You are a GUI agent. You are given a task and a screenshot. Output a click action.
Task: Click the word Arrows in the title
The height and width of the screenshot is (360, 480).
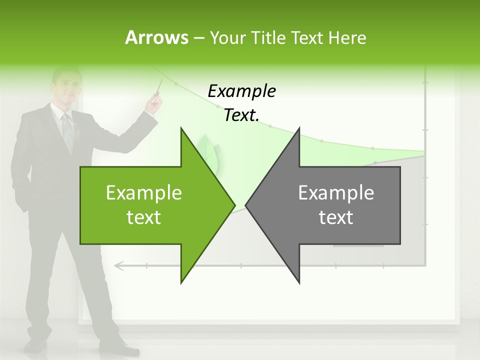pos(156,37)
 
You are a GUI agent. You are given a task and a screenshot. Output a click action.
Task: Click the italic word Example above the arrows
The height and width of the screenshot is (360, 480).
pos(241,91)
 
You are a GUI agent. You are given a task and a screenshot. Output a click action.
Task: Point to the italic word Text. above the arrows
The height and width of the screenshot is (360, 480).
pos(241,115)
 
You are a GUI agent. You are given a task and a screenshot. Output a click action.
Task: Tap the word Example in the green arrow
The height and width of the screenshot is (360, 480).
pos(144,193)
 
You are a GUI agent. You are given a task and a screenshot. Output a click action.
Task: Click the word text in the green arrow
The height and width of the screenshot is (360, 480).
pos(144,217)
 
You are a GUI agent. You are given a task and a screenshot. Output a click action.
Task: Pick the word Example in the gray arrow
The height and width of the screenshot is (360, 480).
pos(336,193)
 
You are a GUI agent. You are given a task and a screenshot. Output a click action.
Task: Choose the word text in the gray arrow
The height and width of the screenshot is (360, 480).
pos(336,217)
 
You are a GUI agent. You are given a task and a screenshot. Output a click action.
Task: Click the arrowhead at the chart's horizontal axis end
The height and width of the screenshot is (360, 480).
pos(118,265)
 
